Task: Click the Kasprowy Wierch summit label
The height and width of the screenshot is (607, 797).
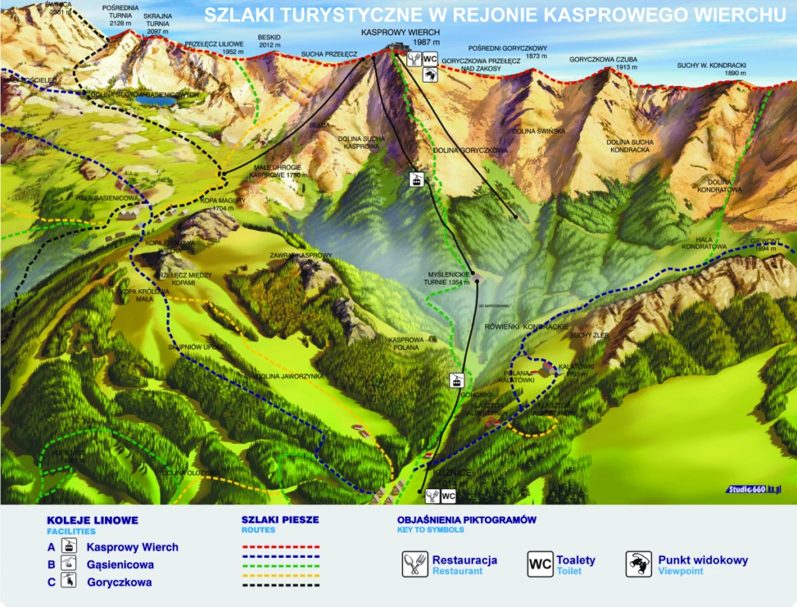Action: click(401, 37)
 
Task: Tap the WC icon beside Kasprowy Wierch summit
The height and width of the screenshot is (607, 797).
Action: click(430, 58)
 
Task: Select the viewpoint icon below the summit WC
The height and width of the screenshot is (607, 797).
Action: click(429, 75)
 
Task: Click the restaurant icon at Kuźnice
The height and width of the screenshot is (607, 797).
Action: click(431, 496)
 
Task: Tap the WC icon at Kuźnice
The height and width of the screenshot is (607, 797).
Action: click(448, 496)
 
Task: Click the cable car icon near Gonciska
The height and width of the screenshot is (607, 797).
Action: click(456, 381)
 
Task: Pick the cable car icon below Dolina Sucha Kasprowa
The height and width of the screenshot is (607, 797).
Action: click(417, 180)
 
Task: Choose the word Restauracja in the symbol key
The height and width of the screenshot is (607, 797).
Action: click(465, 559)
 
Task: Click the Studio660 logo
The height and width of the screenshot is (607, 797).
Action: click(754, 489)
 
